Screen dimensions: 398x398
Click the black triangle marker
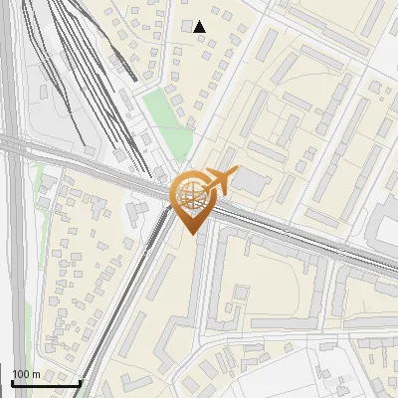coord(200,26)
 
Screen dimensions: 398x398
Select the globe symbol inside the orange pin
coord(190,196)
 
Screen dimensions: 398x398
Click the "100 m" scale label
coord(26,373)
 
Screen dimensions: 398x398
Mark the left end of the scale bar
coord(11,383)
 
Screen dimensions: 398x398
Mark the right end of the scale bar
coord(80,383)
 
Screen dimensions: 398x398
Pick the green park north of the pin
coord(164,119)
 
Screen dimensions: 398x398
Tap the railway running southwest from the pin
coord(129,298)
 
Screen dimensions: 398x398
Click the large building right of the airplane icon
coord(253,182)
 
